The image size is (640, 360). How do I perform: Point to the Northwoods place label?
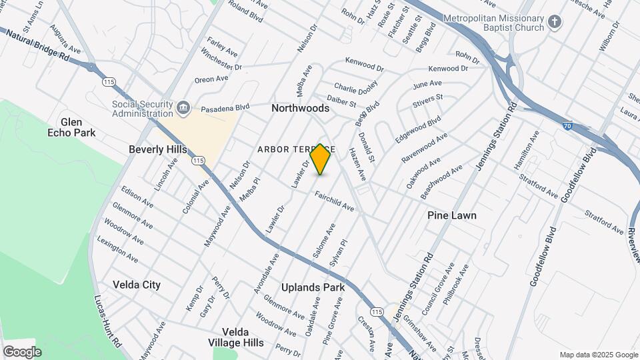click(x=300, y=108)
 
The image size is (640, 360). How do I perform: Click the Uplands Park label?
click(x=313, y=287)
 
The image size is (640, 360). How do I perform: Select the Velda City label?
click(x=137, y=285)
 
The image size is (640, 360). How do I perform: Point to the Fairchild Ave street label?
click(x=335, y=202)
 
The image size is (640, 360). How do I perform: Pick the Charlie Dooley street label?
click(x=356, y=87)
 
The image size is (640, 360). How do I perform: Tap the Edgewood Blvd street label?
click(x=419, y=130)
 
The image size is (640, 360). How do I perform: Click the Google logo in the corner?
click(x=22, y=351)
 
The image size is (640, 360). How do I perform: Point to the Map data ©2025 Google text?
click(x=598, y=355)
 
